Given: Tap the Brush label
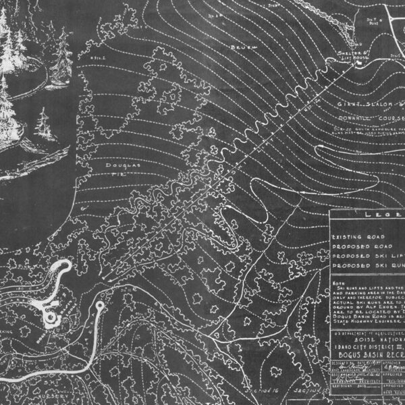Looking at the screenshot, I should tap(240, 48).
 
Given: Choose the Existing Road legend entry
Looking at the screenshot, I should tap(357, 238).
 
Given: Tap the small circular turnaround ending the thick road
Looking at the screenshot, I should tap(101, 305).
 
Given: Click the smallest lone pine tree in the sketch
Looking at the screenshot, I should tap(45, 125).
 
